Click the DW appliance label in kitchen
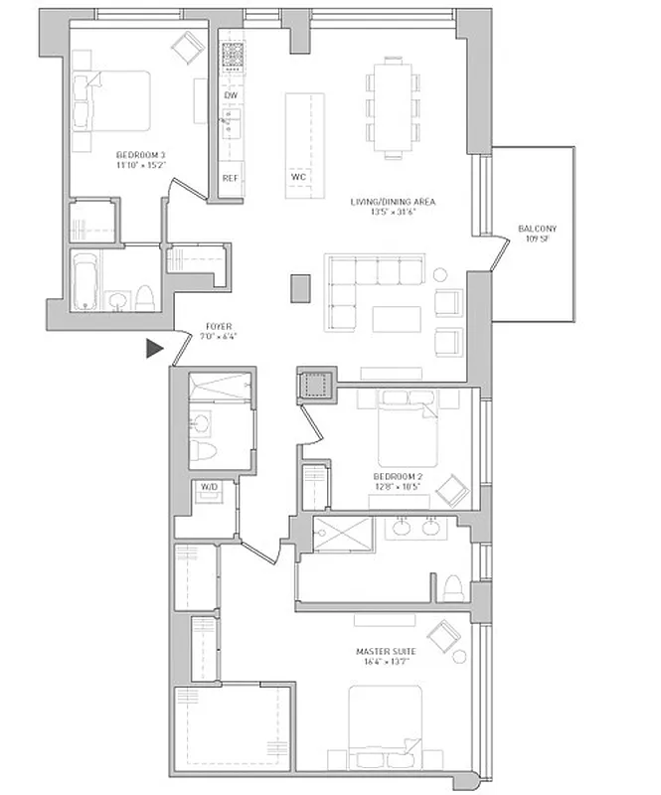coord(230,95)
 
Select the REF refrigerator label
coord(230,178)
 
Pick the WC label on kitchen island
coord(298,178)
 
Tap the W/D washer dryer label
coord(209,487)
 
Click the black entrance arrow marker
coord(154,348)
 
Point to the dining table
coord(393,107)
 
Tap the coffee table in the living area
coord(396,318)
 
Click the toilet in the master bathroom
coord(453,587)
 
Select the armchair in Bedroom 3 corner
coord(186,45)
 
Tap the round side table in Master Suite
coord(459,657)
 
